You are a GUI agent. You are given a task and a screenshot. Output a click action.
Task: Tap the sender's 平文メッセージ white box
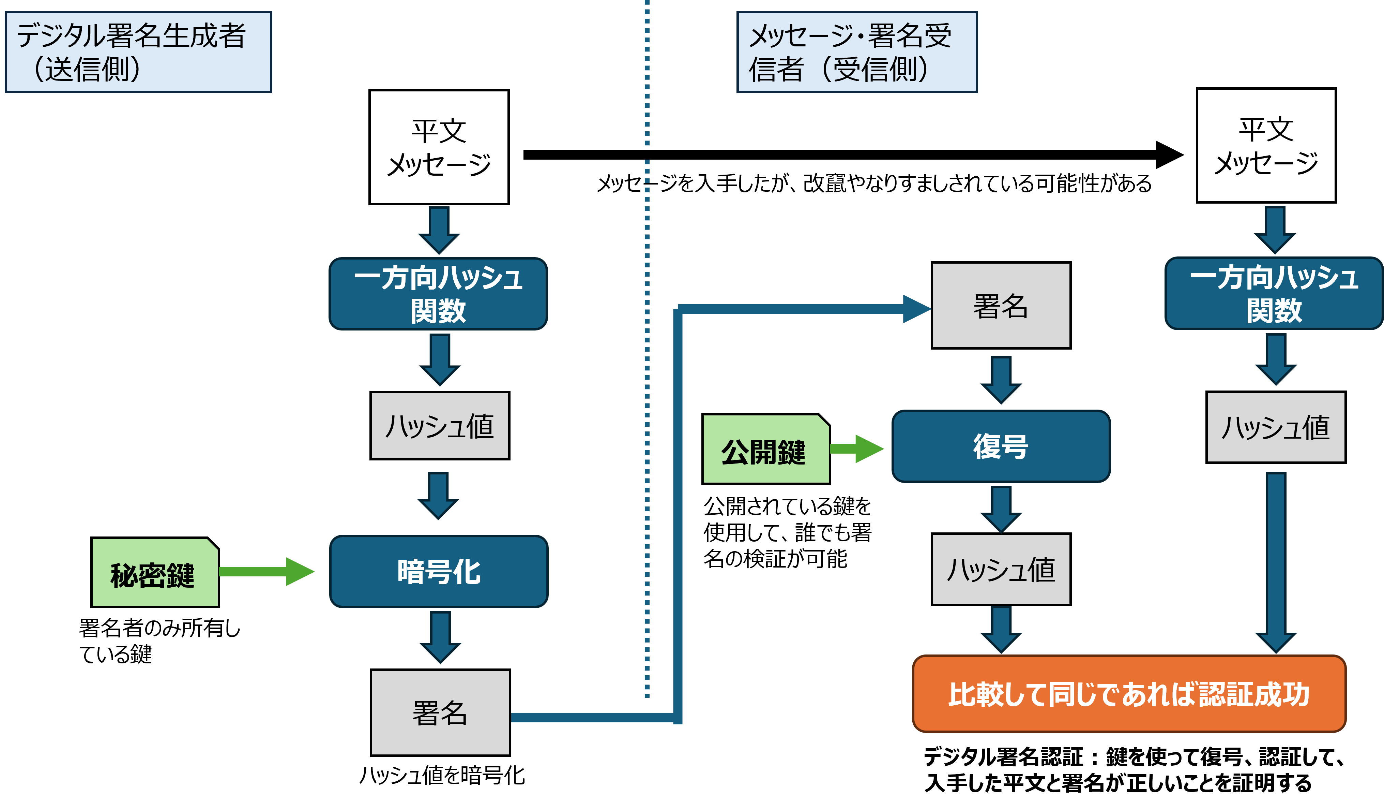point(439,147)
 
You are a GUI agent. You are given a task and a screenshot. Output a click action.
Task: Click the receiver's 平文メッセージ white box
point(1266,146)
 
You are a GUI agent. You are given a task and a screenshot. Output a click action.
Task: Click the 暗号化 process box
point(439,572)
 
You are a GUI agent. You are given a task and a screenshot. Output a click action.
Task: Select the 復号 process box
point(1001,446)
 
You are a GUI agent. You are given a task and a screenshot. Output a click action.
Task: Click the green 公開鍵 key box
point(765,450)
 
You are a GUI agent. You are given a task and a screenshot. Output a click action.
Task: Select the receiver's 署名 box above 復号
point(1001,306)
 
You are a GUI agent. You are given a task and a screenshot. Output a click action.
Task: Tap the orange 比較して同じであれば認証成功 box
point(1129,694)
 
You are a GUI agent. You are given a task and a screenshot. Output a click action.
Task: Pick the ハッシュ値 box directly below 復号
point(1001,569)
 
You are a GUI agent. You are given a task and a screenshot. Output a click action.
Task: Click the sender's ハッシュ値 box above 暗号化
point(439,426)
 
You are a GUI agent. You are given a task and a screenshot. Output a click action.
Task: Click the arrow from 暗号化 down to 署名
point(440,637)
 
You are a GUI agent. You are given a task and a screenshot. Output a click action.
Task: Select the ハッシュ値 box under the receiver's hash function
point(1275,427)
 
